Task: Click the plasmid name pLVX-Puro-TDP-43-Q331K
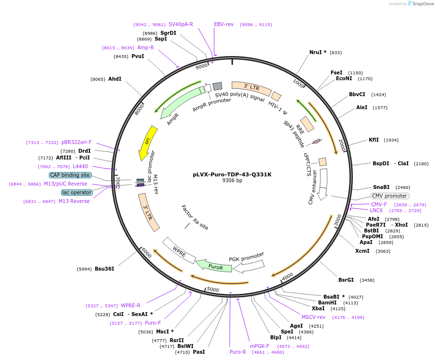[x=232, y=174]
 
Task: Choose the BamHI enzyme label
[x=328, y=302]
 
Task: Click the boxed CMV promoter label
[x=390, y=196]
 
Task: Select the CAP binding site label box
[x=70, y=175]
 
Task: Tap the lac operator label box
[x=77, y=192]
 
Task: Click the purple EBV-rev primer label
[x=224, y=24]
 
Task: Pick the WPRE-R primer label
[x=131, y=305]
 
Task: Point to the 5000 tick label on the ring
[x=213, y=289]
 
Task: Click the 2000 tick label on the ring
[x=342, y=145]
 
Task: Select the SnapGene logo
[x=421, y=4]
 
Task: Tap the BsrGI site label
[x=346, y=280]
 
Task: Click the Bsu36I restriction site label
[x=104, y=269]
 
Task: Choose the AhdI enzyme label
[x=115, y=79]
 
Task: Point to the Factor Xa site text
[x=195, y=217]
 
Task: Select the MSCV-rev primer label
[x=314, y=317]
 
